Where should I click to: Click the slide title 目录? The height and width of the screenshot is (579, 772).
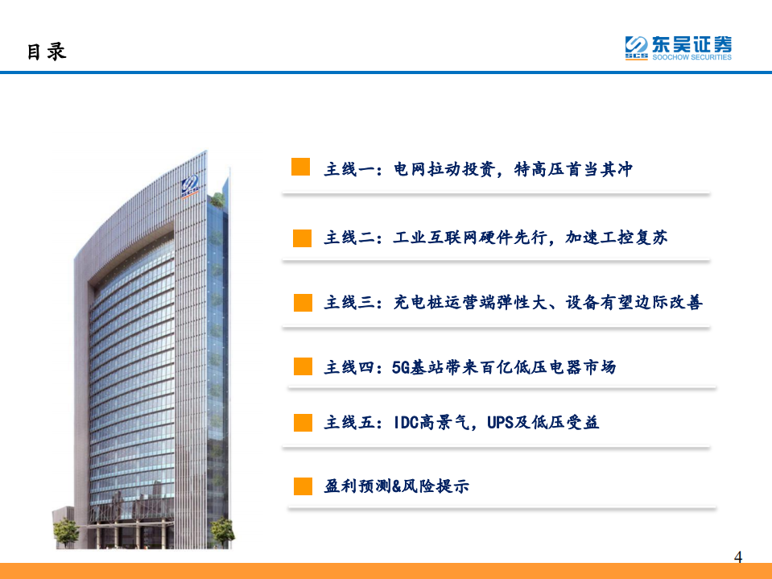click(46, 52)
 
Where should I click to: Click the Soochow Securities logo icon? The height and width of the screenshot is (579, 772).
click(636, 48)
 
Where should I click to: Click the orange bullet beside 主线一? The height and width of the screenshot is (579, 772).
click(300, 167)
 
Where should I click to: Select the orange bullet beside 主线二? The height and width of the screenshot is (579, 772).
click(302, 238)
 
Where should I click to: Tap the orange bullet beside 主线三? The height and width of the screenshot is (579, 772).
click(302, 302)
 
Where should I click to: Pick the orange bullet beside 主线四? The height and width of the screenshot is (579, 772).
click(302, 367)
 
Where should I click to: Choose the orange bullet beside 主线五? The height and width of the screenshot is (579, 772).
click(302, 422)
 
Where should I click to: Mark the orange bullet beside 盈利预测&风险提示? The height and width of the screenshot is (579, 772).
click(302, 486)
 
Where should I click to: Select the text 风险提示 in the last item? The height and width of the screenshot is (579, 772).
click(441, 486)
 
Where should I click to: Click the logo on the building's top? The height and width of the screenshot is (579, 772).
click(190, 184)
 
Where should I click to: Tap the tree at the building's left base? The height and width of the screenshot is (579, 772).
click(65, 531)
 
